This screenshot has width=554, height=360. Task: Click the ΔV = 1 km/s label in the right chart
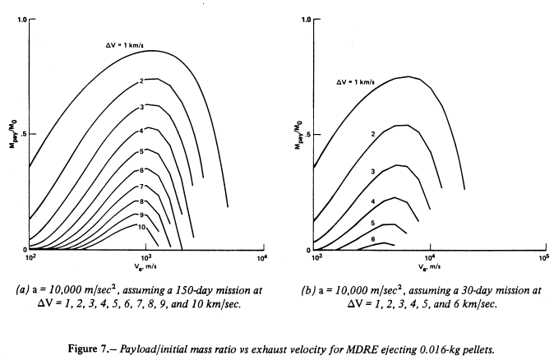pos(362,81)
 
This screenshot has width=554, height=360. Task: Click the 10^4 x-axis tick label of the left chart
pos(261,258)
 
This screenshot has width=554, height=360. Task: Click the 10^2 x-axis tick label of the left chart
pos(30,258)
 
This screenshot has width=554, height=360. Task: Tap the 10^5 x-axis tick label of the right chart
pos(542,258)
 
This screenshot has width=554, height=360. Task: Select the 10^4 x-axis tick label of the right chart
pos(429,258)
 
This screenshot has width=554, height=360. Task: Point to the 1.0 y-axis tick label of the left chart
pos(21,19)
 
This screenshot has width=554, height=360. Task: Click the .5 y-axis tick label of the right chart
pos(306,134)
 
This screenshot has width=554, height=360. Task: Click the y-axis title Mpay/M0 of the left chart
pos(11,134)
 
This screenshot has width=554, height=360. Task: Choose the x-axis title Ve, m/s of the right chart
pos(429,269)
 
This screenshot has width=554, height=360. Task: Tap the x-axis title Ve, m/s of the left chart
pos(145,269)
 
